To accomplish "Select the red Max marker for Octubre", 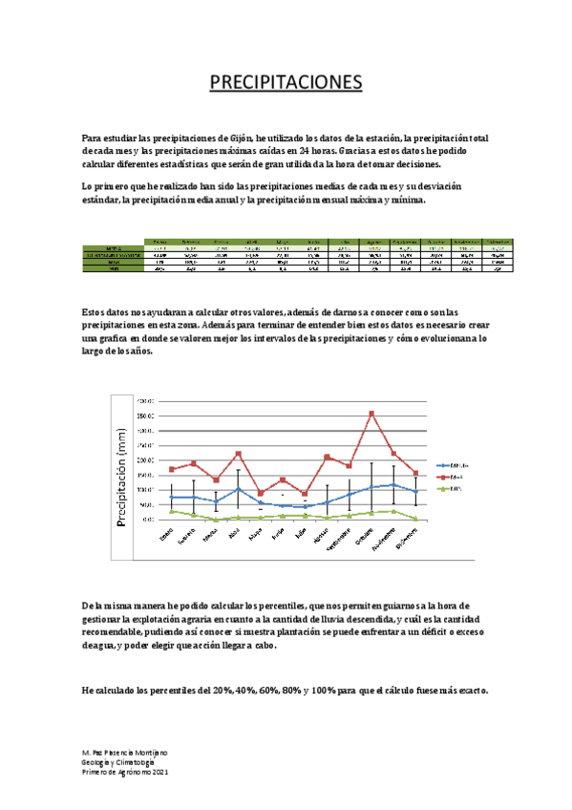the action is pyautogui.click(x=371, y=414).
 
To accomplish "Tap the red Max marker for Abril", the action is pyautogui.click(x=238, y=454).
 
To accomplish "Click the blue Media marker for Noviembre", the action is pyautogui.click(x=392, y=484).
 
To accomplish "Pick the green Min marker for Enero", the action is pyautogui.click(x=171, y=512).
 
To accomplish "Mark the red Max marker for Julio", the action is pyautogui.click(x=305, y=494).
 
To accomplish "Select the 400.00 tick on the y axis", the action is pyautogui.click(x=147, y=401).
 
